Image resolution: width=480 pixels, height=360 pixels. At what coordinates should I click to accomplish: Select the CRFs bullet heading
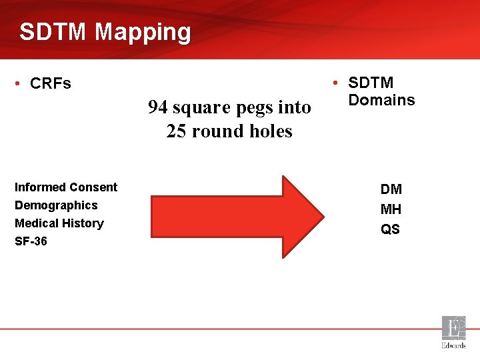(x=51, y=84)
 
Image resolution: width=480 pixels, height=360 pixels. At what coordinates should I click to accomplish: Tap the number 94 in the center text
(x=158, y=107)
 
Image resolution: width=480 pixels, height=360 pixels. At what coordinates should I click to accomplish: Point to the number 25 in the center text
(x=177, y=131)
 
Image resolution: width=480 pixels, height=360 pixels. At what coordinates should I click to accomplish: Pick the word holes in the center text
(x=271, y=131)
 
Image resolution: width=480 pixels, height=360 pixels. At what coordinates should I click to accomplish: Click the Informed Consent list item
(x=66, y=187)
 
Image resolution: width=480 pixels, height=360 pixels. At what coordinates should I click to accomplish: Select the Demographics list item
(x=56, y=205)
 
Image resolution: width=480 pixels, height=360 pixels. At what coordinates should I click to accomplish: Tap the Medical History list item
(x=59, y=223)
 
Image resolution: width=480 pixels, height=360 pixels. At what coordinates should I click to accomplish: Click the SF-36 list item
(x=31, y=241)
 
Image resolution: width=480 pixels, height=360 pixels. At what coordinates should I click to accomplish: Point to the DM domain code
(x=391, y=189)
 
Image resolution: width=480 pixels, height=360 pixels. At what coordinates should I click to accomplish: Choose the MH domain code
(x=391, y=209)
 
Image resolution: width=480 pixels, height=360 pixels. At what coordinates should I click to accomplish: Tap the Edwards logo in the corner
(x=454, y=332)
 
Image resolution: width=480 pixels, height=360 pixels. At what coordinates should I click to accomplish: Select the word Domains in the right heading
(x=381, y=100)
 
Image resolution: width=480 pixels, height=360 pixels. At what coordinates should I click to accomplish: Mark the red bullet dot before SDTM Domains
(x=336, y=83)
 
